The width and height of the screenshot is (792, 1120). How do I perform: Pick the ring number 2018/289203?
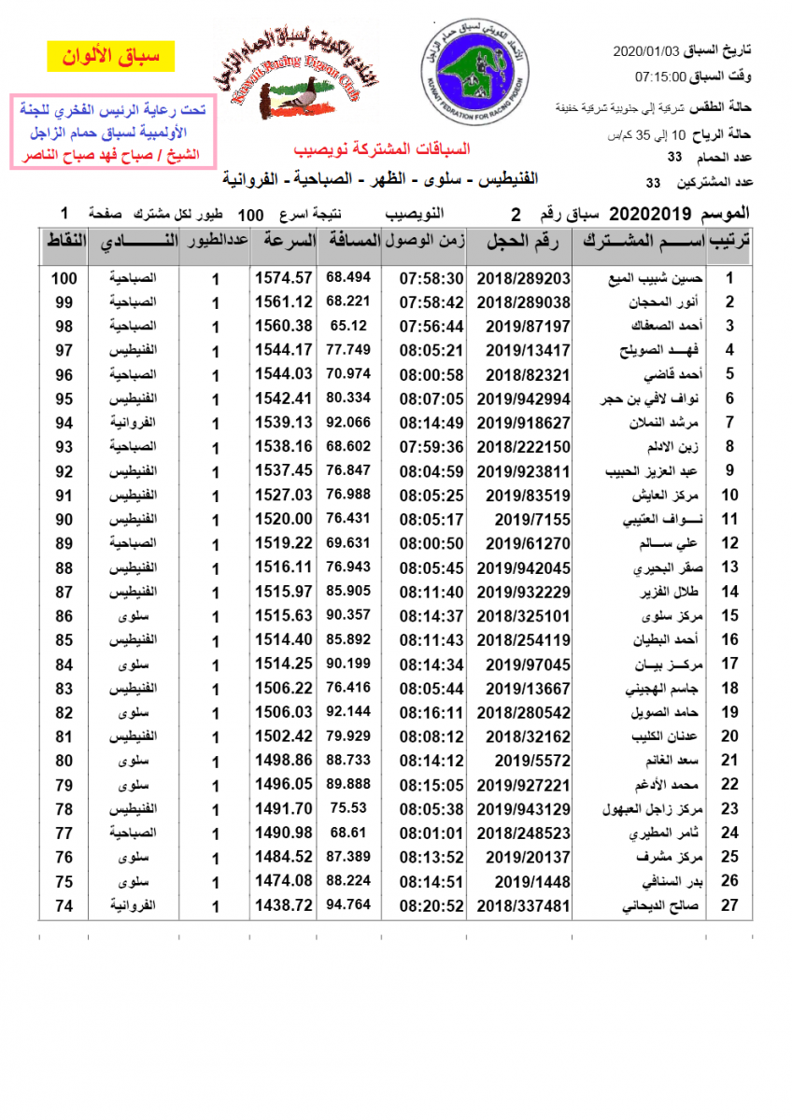523,278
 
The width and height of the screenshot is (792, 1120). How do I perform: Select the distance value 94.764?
348,904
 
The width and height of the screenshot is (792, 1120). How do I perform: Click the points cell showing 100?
64,278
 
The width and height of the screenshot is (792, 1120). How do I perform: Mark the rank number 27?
730,905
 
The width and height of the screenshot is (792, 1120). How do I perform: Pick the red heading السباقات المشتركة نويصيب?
382,149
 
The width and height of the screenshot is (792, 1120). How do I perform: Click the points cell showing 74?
64,905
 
